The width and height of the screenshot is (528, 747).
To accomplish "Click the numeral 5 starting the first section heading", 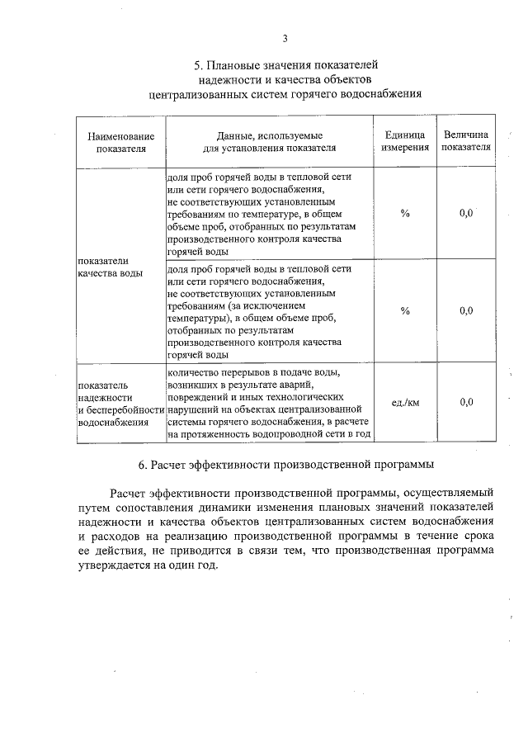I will [197, 64].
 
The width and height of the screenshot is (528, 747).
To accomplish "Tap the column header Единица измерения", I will [404, 142].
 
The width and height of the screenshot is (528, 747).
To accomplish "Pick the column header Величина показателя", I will [465, 142].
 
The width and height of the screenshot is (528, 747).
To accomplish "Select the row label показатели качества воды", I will [109, 267].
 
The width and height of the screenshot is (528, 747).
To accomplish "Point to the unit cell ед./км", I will [404, 402].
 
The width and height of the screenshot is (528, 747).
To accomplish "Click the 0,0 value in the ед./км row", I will [465, 402].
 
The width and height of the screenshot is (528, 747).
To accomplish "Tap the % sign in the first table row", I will [404, 214].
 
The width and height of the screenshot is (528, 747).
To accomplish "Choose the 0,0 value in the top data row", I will [465, 214].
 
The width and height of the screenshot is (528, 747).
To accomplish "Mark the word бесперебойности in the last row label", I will [122, 409].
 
